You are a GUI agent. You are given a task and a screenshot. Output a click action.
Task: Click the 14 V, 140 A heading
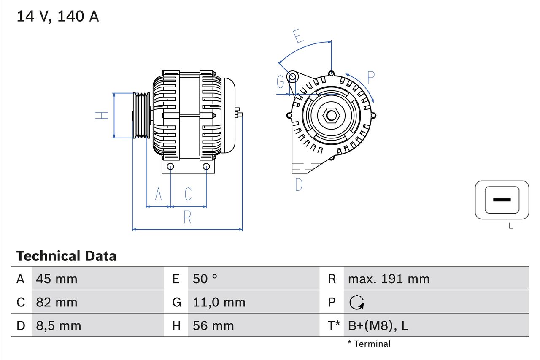pyautogui.click(x=58, y=16)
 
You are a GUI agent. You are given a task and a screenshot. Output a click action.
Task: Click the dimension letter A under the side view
pyautogui.click(x=159, y=194)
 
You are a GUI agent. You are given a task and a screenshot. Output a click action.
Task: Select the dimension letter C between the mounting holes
pyautogui.click(x=188, y=194)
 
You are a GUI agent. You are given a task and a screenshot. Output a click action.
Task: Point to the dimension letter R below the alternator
pyautogui.click(x=187, y=217)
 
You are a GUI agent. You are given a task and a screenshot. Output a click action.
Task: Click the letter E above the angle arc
pyautogui.click(x=298, y=36)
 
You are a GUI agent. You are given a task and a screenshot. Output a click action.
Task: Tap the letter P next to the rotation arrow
pyautogui.click(x=370, y=78)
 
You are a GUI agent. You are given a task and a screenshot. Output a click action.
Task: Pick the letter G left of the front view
pyautogui.click(x=281, y=82)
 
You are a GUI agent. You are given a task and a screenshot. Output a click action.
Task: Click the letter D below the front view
pyautogui.click(x=299, y=184)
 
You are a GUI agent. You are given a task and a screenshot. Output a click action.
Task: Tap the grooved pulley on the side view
pyautogui.click(x=141, y=115)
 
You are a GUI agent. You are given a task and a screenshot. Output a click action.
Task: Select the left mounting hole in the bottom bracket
pyautogui.click(x=170, y=167)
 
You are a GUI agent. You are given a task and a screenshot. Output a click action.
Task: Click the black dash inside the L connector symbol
pyautogui.click(x=502, y=200)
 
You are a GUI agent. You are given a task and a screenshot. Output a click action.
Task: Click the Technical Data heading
pyautogui.click(x=66, y=256)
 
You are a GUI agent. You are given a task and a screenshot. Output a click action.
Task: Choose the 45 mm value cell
pyautogui.click(x=57, y=279)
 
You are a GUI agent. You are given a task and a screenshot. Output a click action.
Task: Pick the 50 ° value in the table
pyautogui.click(x=205, y=279)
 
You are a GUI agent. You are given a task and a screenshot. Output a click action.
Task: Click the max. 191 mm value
pyautogui.click(x=389, y=279)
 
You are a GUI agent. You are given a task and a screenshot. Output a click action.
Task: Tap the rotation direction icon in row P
pyautogui.click(x=357, y=302)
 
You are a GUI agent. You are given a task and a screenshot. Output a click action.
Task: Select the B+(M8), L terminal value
pyautogui.click(x=378, y=325)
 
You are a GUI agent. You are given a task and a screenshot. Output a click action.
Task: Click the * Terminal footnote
pyautogui.click(x=369, y=344)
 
